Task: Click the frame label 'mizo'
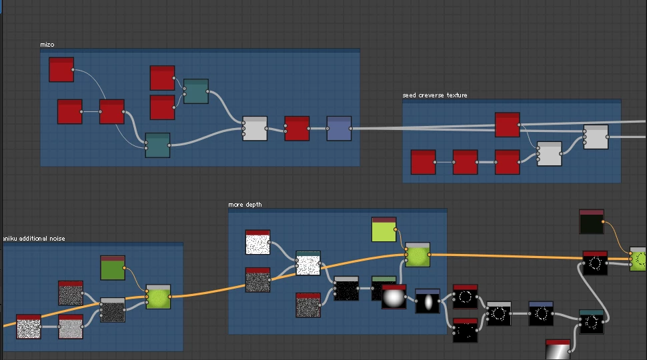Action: (47, 45)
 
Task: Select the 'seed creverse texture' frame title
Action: (434, 95)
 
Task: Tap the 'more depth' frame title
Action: (245, 205)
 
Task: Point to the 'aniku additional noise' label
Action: (33, 238)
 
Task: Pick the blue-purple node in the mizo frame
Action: (339, 129)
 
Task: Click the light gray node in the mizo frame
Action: (254, 129)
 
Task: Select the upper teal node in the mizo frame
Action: (195, 91)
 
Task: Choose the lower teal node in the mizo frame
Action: (157, 145)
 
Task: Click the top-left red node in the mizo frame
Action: (61, 70)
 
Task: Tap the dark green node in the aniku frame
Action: (113, 268)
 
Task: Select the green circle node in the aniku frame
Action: (158, 297)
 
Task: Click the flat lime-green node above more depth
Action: (384, 229)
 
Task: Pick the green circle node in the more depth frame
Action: (417, 255)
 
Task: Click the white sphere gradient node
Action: (394, 297)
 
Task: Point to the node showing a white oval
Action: (428, 301)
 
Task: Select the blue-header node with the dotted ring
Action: (541, 313)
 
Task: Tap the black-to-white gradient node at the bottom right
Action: (558, 350)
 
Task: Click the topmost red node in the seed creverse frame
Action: (507, 125)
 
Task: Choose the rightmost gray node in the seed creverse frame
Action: (596, 137)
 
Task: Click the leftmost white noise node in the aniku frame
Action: (29, 327)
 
